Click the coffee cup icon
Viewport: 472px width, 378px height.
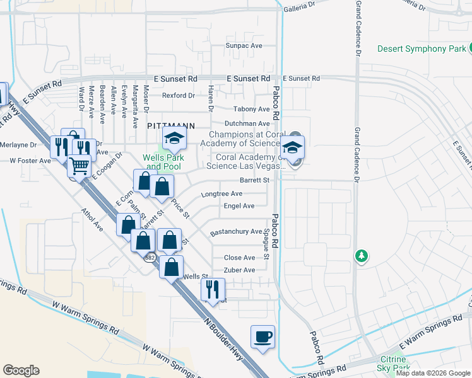pyautogui.click(x=263, y=336)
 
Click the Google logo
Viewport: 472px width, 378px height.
pyautogui.click(x=21, y=370)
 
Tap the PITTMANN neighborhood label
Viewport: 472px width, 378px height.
pyautogui.click(x=170, y=126)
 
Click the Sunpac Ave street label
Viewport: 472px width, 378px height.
pyautogui.click(x=244, y=46)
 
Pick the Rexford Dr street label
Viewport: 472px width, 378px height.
pyautogui.click(x=179, y=95)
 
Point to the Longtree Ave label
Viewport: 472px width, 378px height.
pyautogui.click(x=221, y=193)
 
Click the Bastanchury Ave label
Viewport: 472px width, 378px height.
pyautogui.click(x=235, y=231)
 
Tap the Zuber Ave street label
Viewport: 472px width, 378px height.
pyautogui.click(x=240, y=270)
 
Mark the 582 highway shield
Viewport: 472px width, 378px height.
pyautogui.click(x=150, y=257)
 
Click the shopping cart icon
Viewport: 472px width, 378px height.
pyautogui.click(x=79, y=167)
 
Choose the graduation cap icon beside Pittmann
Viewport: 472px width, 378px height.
pyautogui.click(x=174, y=138)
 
